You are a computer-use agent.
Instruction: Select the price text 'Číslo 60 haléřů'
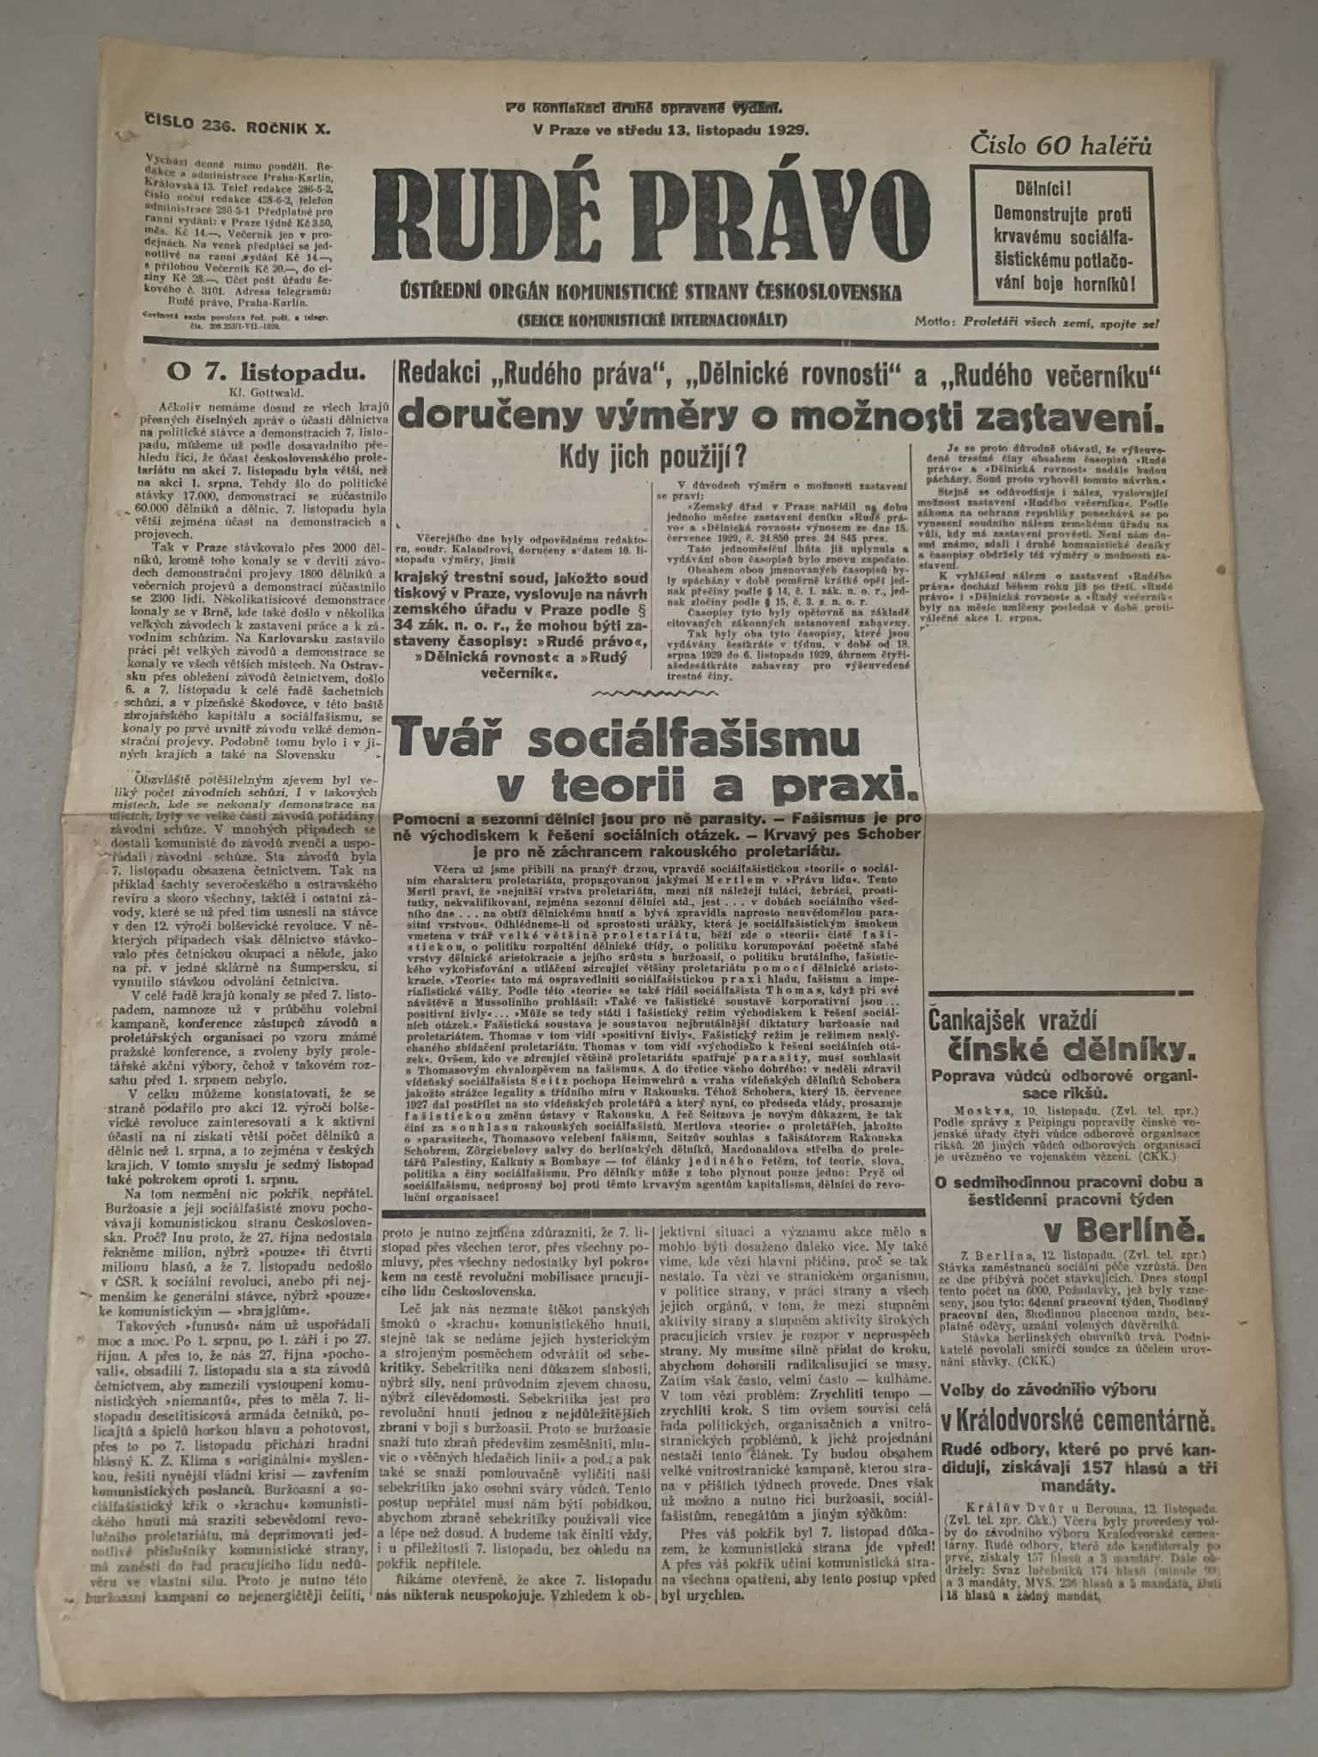(x=1061, y=147)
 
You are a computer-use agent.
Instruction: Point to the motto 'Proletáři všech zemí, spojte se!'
(x=1061, y=323)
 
